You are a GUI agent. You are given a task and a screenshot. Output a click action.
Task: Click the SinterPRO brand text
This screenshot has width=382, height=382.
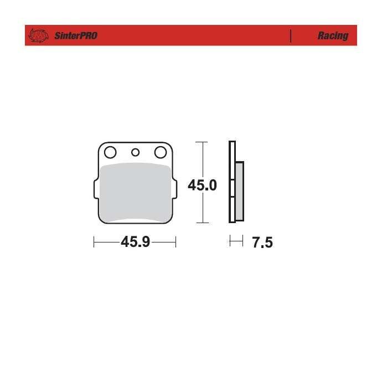pyautogui.click(x=76, y=36)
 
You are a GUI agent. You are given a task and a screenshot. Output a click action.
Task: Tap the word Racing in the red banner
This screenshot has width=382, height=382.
pyautogui.click(x=333, y=36)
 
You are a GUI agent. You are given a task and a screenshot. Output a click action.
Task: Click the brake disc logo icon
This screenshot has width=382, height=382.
pyautogui.click(x=38, y=35)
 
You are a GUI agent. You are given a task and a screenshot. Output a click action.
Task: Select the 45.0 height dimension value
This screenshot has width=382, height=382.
pyautogui.click(x=202, y=185)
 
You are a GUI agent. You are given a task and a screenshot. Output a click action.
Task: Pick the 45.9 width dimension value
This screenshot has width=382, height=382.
pyautogui.click(x=136, y=242)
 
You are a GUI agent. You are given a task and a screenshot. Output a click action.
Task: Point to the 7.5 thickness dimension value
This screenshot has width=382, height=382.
pyautogui.click(x=262, y=242)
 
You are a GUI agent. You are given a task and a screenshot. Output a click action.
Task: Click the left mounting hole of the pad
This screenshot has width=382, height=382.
pyautogui.click(x=110, y=152)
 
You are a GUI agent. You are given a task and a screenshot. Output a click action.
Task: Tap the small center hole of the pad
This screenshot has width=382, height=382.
pyautogui.click(x=135, y=152)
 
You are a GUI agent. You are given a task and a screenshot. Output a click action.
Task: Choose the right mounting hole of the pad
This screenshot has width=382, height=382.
pyautogui.click(x=161, y=152)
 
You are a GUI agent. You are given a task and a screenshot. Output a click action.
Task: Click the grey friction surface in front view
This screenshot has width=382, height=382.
pyautogui.click(x=136, y=193)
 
